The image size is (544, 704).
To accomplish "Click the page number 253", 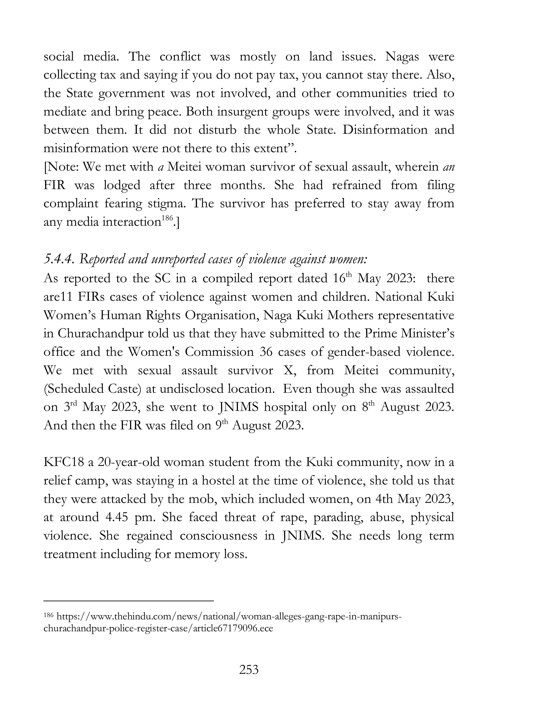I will coord(249,670).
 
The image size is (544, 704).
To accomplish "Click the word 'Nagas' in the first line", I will coord(402,57).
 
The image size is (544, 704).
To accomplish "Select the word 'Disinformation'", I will coord(384,130).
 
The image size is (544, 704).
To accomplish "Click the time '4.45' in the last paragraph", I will coord(117,517).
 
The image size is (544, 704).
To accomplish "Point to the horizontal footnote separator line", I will coord(129,601).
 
